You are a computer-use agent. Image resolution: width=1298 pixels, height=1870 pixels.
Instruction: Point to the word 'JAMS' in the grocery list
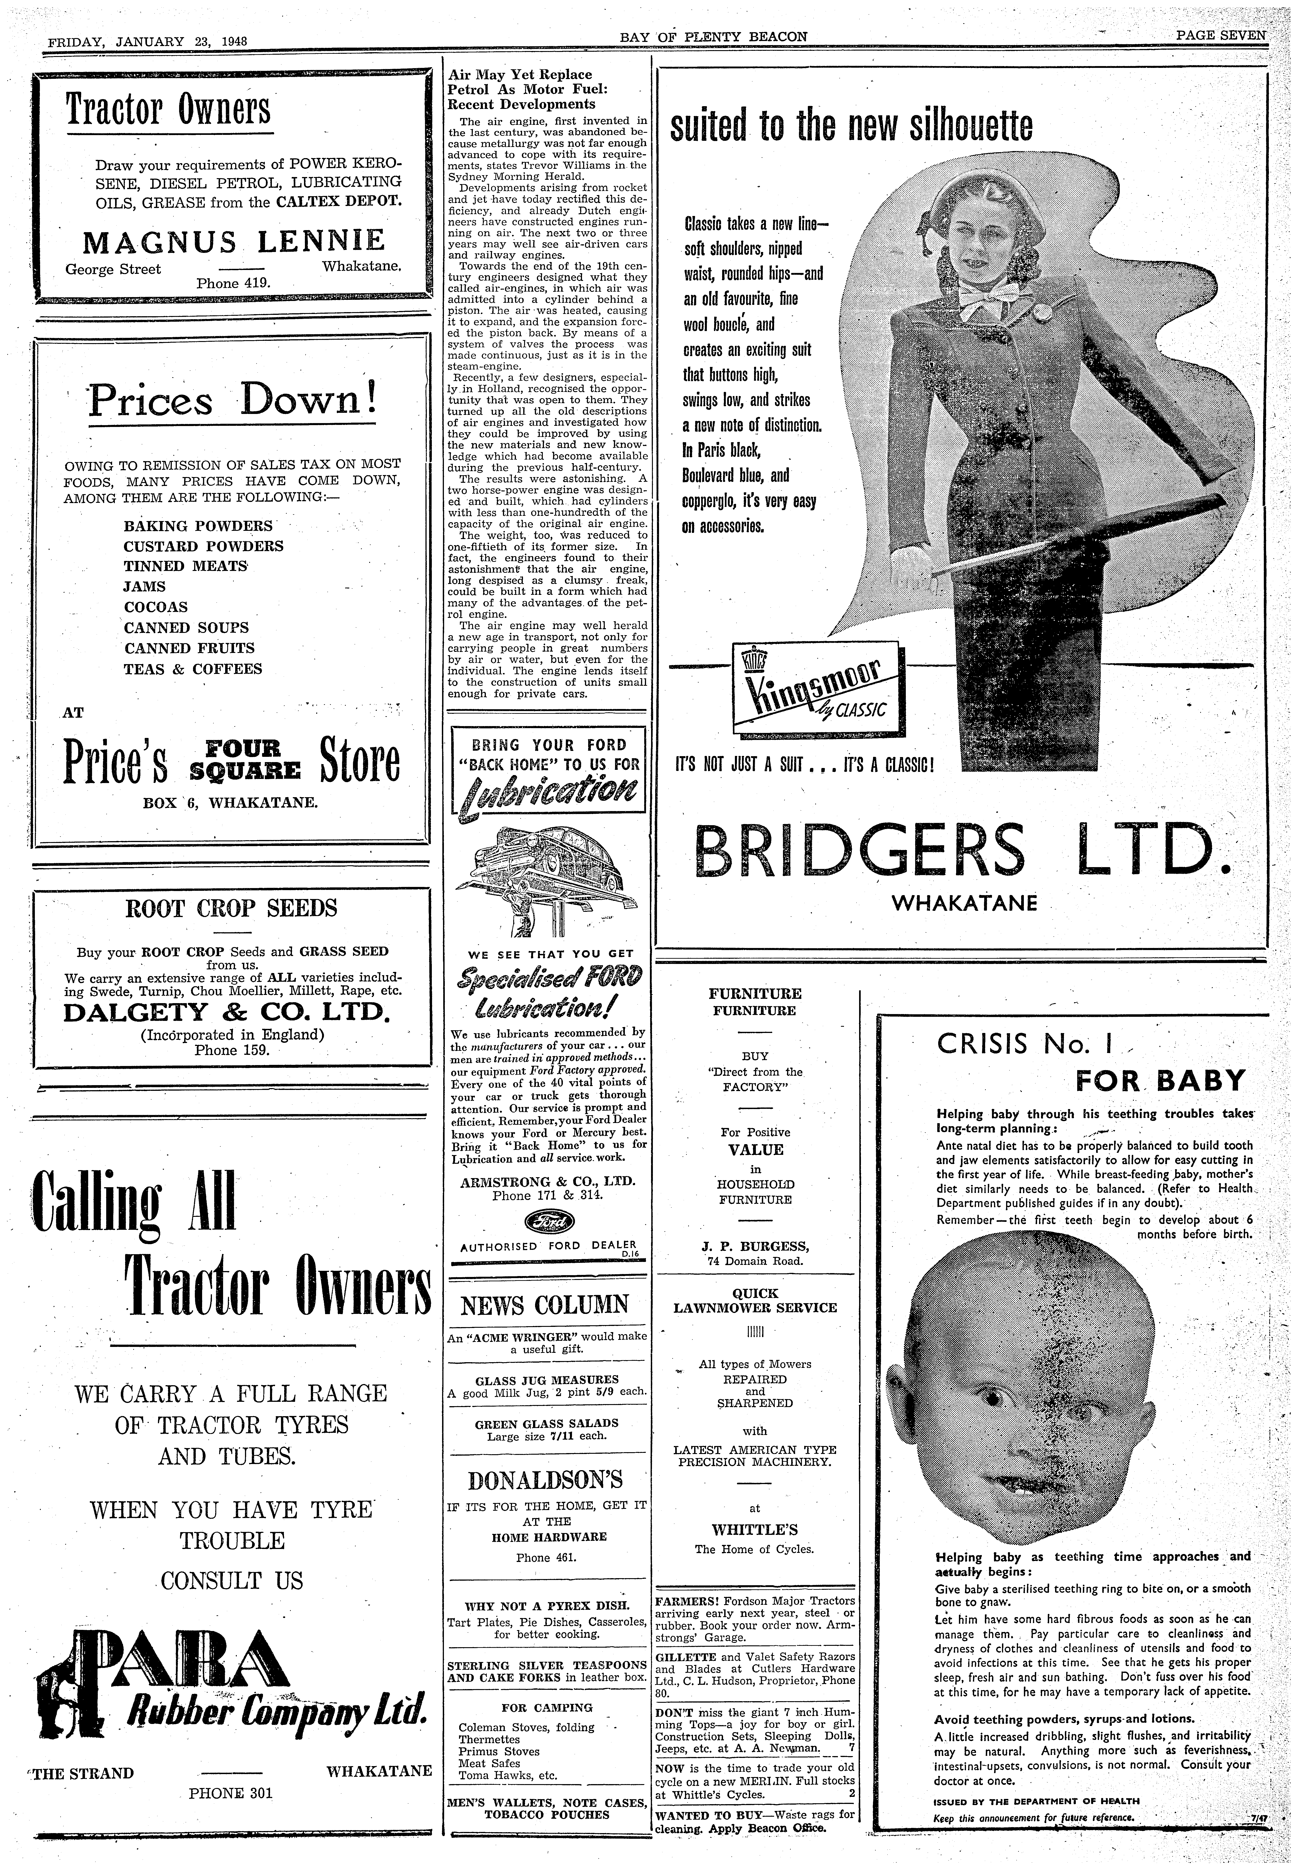pos(145,586)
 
